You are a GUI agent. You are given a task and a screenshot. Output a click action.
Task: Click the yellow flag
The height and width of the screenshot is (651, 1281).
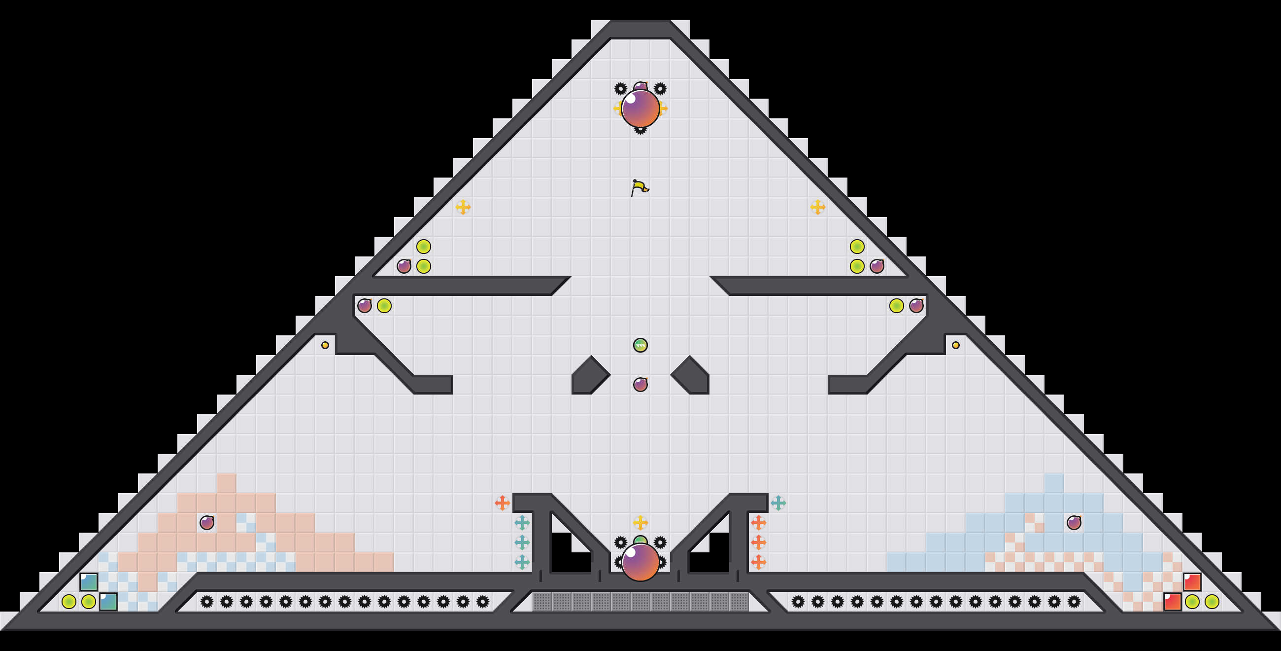coord(640,188)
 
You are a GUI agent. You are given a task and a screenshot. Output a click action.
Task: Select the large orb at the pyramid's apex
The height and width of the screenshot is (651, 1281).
coord(640,108)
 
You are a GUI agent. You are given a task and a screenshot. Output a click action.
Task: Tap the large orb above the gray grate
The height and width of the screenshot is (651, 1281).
coord(640,562)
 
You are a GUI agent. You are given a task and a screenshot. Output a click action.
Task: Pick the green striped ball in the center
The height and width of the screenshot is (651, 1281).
coord(640,345)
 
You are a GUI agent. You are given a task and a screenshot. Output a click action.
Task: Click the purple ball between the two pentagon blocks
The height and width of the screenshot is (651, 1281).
coord(640,384)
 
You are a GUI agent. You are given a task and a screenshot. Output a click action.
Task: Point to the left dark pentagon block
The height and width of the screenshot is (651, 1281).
coord(589,376)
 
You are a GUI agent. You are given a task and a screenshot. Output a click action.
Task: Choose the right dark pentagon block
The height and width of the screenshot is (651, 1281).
coord(691,376)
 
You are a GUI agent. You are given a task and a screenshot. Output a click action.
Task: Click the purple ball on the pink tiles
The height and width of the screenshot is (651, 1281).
coord(207,523)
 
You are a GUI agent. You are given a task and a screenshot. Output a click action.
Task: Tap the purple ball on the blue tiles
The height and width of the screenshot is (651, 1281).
coord(1074,523)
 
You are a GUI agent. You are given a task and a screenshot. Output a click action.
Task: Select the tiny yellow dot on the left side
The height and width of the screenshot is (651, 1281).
coord(325,345)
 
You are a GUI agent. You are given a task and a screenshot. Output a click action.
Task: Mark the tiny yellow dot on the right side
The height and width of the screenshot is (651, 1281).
coord(956,345)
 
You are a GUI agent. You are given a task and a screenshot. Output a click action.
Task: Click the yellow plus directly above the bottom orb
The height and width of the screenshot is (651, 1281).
coord(640,523)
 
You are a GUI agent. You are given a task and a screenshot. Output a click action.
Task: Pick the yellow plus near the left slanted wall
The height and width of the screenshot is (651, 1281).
coord(463,207)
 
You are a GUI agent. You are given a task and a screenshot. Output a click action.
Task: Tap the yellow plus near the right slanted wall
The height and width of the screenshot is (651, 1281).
coord(818,207)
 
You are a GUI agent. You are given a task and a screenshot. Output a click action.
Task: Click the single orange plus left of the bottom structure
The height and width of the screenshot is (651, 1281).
coord(502,503)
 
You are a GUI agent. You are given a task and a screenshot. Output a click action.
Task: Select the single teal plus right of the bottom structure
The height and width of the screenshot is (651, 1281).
coord(778,503)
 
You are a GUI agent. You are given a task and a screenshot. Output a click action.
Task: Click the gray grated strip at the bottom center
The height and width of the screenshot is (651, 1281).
coord(640,602)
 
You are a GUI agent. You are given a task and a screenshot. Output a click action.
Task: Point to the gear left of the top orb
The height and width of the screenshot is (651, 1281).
coord(621,89)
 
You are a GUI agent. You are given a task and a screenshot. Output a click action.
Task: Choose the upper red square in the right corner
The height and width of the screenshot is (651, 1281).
coord(1192,582)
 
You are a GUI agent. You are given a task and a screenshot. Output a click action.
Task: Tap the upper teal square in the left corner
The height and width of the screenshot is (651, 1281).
coord(89,582)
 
